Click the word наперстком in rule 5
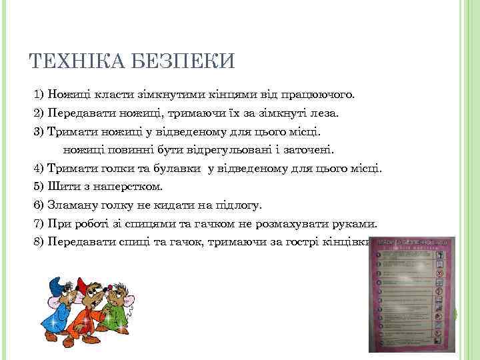(126, 186)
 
